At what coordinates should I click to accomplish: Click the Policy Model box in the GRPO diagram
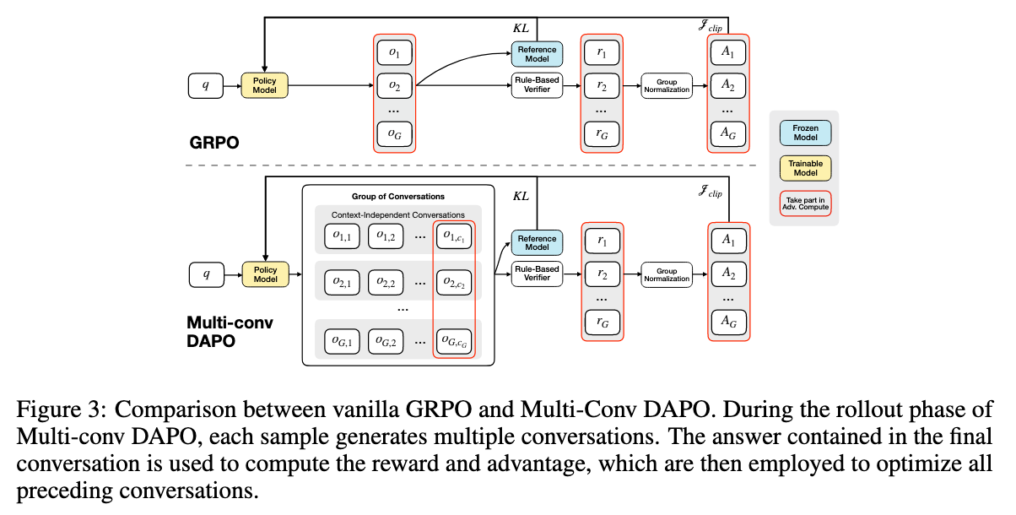click(264, 85)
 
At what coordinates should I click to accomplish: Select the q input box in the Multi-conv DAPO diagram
click(206, 274)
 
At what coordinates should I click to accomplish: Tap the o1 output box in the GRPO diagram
click(394, 52)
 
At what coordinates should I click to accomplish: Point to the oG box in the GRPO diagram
click(394, 133)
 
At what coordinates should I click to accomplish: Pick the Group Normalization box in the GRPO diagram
click(667, 85)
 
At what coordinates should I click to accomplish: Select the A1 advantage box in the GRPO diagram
click(727, 52)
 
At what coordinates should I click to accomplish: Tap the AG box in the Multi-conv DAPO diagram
click(727, 321)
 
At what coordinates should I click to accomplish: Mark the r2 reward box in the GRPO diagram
click(602, 85)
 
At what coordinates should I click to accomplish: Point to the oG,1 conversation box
click(343, 341)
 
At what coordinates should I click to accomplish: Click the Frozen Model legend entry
click(804, 133)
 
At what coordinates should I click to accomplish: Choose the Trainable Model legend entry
click(804, 168)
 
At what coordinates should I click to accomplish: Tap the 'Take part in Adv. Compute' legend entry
click(804, 203)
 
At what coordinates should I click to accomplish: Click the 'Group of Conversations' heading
click(397, 197)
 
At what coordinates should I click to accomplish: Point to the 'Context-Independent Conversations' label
click(397, 214)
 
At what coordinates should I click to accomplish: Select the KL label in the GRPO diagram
click(521, 28)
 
